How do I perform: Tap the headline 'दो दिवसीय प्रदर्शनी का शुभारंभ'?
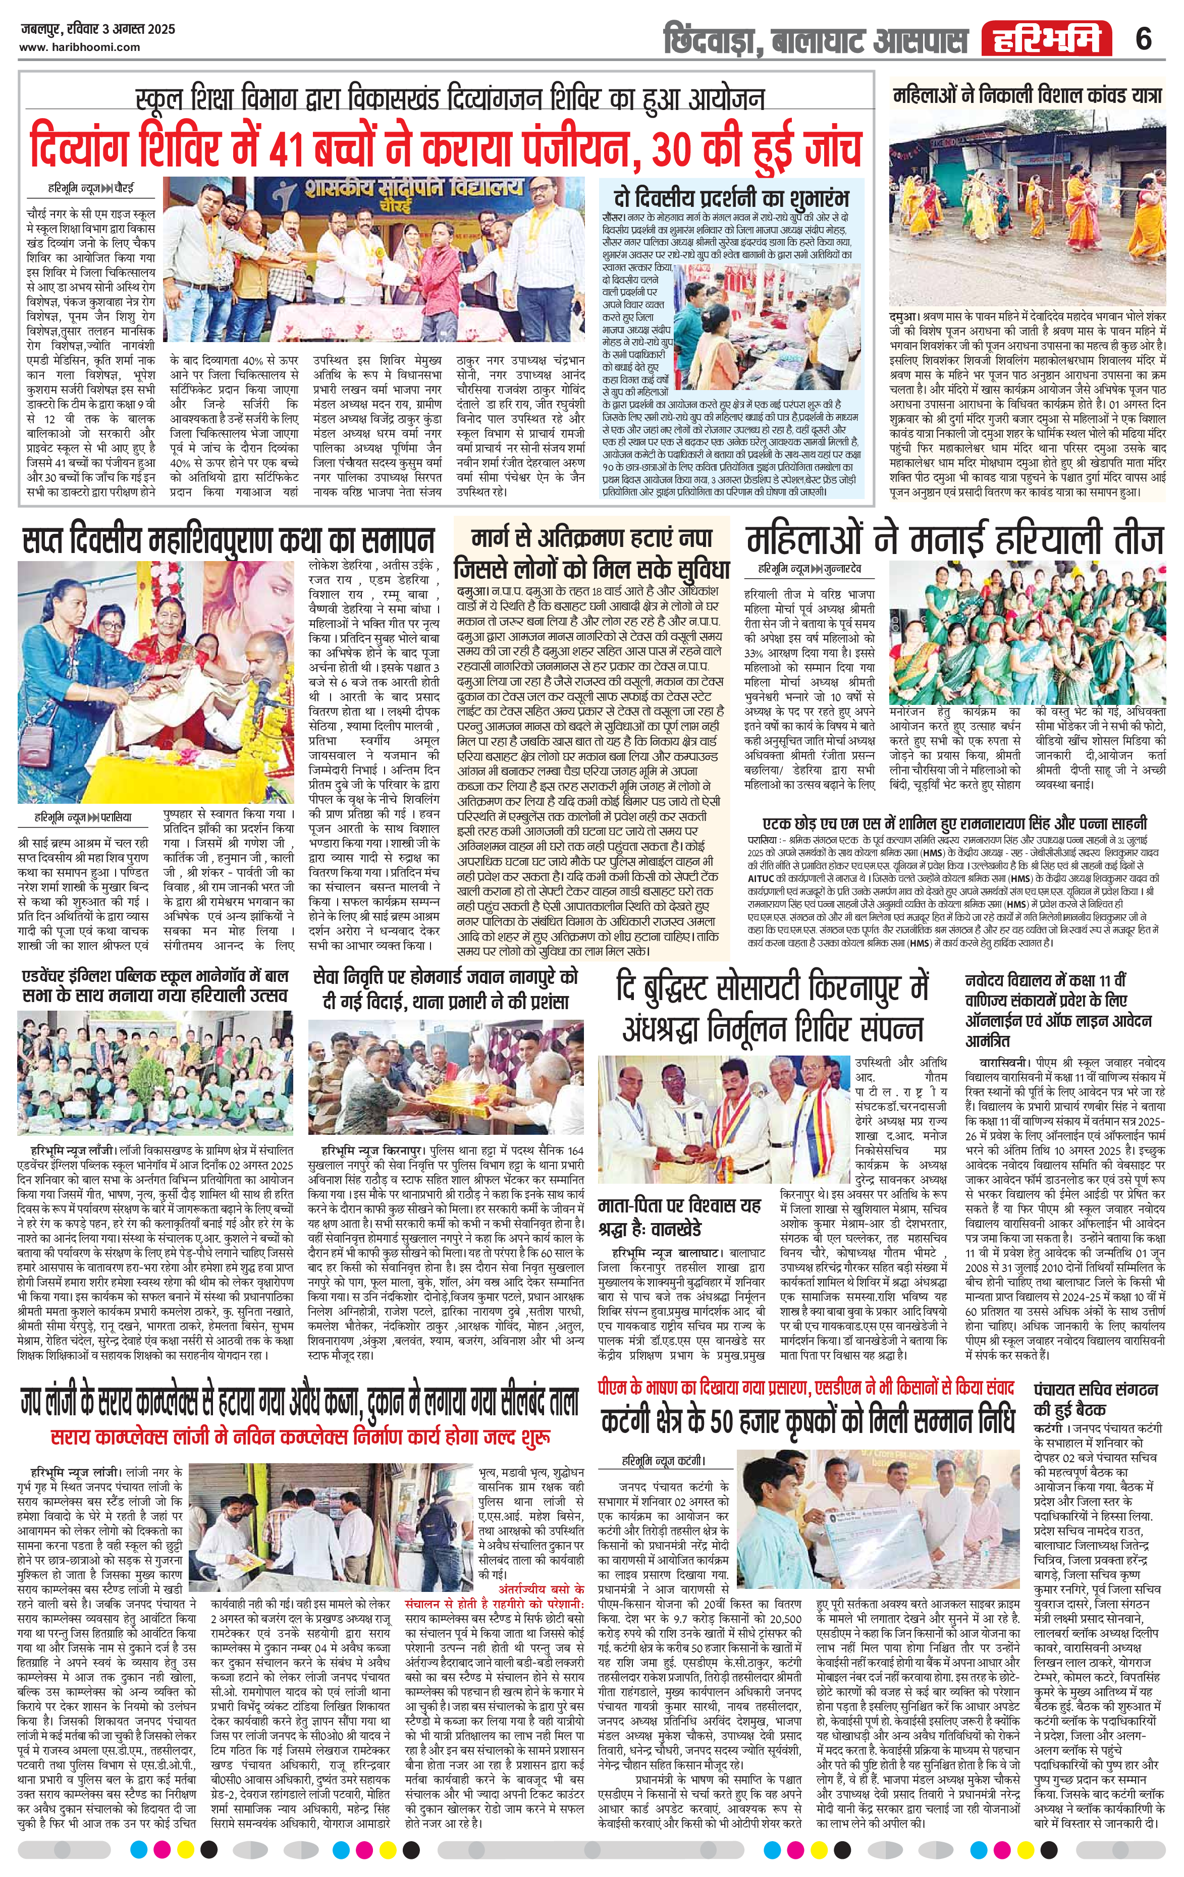(731, 195)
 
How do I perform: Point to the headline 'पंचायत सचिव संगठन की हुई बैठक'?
(1096, 1399)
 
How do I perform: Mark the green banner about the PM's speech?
(803, 1388)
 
